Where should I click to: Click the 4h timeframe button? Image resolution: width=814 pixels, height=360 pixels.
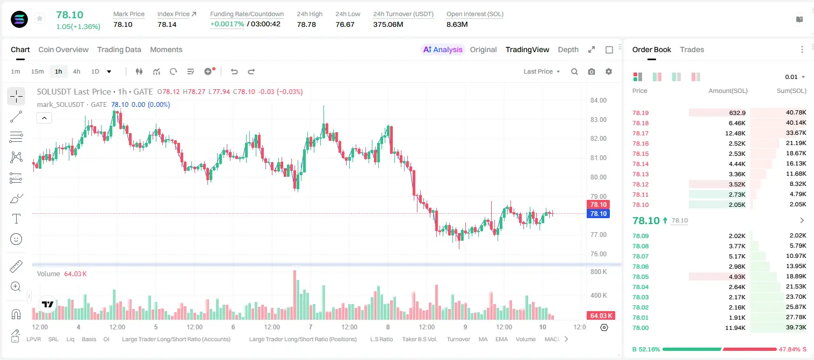pos(76,71)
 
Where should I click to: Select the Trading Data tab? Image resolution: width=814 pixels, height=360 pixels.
pos(119,49)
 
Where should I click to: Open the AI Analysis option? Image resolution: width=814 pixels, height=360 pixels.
pos(443,49)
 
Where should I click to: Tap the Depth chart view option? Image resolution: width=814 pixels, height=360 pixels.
pos(568,49)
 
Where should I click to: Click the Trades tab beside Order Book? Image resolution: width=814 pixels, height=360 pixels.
pos(692,49)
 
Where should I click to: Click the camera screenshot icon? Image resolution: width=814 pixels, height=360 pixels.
pos(592,71)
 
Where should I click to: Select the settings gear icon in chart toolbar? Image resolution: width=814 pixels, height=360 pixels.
pos(609,71)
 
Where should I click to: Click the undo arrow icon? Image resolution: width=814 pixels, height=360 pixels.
pos(234,71)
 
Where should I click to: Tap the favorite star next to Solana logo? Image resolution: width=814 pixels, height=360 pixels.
pos(40,18)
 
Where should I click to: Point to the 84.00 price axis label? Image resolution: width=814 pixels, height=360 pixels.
pos(598,100)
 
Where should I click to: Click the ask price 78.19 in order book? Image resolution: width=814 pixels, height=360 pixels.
pos(640,113)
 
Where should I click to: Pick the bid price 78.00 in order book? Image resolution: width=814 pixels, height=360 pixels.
pos(640,328)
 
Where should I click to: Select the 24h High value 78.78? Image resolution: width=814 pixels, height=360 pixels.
pos(306,24)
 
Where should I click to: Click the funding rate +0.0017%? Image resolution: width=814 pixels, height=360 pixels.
pos(227,24)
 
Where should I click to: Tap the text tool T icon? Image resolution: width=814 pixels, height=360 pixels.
pos(16,219)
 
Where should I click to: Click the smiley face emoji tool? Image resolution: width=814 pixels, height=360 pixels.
pos(16,239)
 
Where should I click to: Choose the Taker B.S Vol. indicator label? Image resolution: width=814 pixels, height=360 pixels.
pos(419,339)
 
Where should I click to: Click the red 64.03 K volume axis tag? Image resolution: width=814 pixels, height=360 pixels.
pos(601,316)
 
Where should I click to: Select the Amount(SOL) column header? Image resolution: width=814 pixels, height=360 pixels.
pos(728,91)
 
